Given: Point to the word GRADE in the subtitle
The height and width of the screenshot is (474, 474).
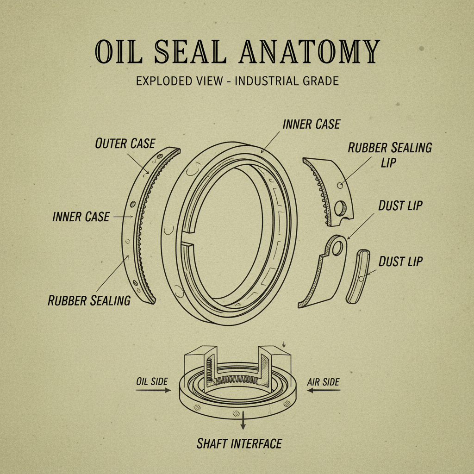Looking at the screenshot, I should coord(319,81).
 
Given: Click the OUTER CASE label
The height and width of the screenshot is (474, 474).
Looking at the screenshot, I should coord(125,143).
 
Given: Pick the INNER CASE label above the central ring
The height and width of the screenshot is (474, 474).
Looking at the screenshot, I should coord(311,124).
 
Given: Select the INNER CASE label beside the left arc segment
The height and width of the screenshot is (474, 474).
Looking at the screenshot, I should coord(81,217).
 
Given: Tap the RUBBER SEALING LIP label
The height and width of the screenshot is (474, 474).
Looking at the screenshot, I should coord(390,155).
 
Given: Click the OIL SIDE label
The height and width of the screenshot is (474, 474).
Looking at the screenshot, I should coord(152,382).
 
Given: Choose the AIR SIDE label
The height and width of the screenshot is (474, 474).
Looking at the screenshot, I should coord(323,382).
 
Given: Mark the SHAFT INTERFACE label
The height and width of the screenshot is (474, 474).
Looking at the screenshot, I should coord(239,443).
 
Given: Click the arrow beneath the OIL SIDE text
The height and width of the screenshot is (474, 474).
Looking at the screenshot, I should coord(153,391).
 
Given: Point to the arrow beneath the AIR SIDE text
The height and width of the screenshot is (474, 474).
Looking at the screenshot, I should coord(324,391).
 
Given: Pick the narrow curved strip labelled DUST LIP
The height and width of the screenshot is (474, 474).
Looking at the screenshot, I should coord(358,276).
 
